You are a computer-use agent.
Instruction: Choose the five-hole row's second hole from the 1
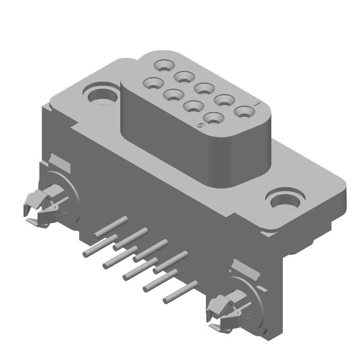pos(224,100)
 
